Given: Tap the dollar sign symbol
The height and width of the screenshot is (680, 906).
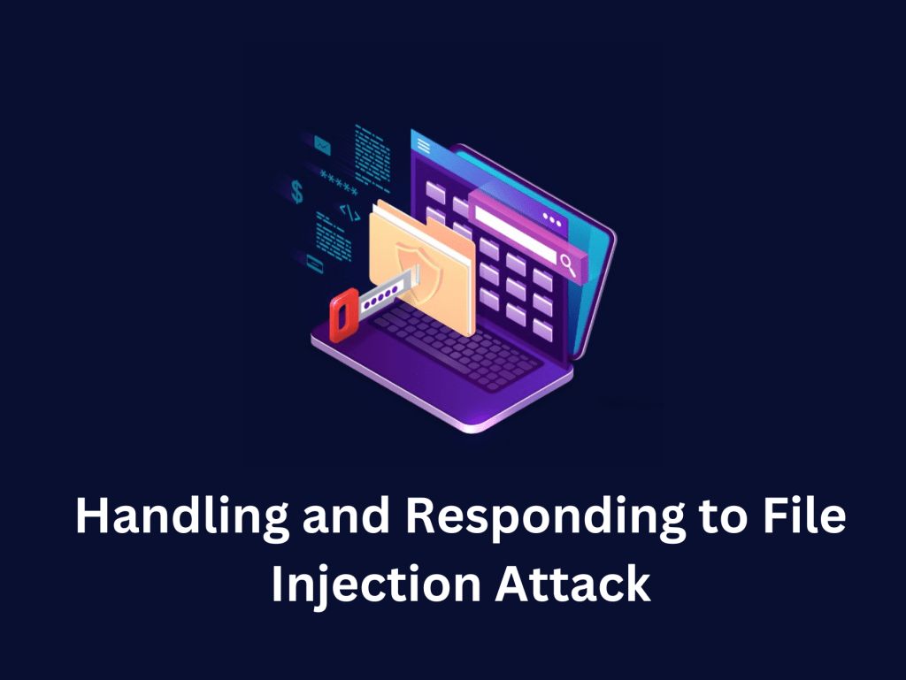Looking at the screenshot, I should (x=297, y=190).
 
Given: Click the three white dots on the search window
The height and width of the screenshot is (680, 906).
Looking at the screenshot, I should (x=552, y=218).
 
